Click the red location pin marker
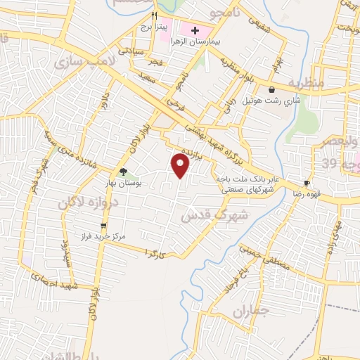(x=181, y=166)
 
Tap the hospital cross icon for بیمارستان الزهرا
(x=195, y=31)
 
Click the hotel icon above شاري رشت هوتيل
(x=271, y=89)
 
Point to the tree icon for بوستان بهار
(x=123, y=172)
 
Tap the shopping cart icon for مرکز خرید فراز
(x=104, y=226)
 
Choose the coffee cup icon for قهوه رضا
(x=307, y=181)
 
